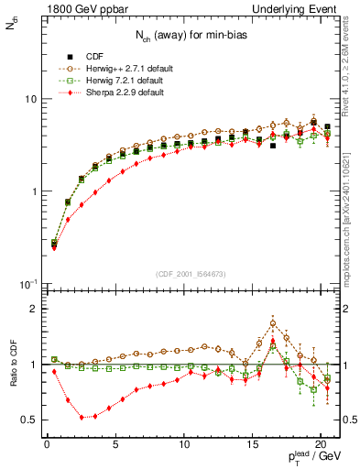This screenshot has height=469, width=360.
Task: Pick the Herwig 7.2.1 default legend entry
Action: [115, 80]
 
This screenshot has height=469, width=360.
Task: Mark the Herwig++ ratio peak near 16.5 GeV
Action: [273, 322]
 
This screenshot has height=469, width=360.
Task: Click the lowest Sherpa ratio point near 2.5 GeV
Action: [82, 417]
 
